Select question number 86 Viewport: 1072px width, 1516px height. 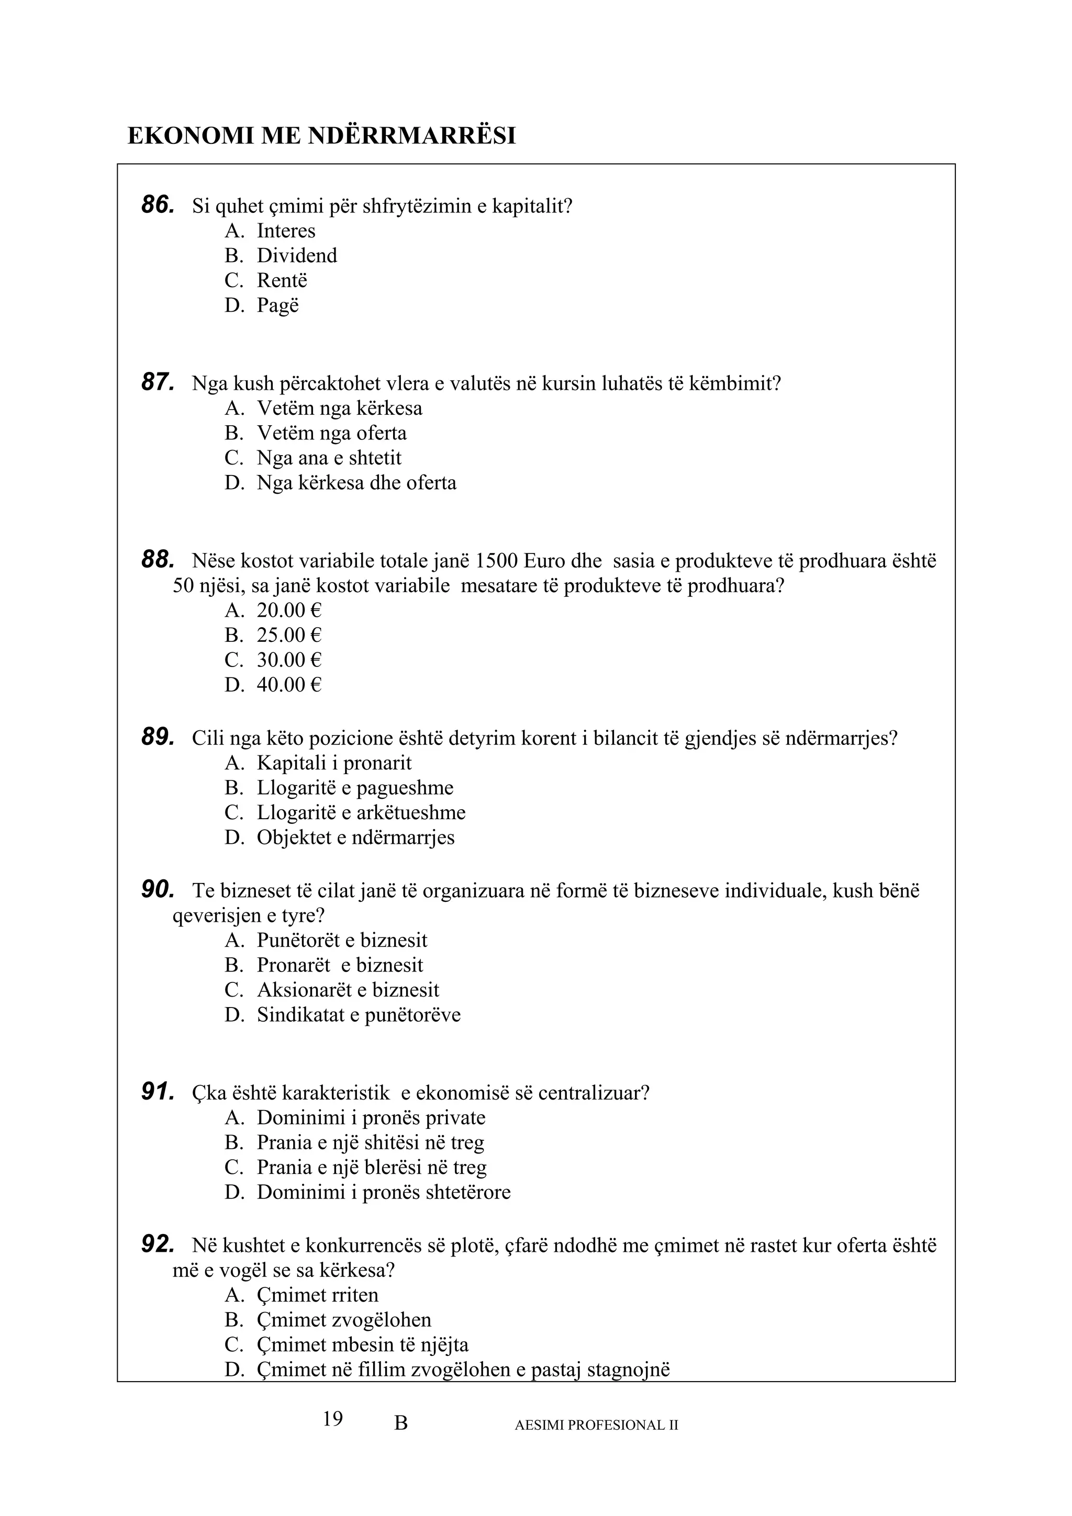[158, 206]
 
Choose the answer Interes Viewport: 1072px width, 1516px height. [286, 231]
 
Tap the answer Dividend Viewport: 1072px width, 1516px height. [297, 255]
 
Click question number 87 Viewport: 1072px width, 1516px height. [158, 382]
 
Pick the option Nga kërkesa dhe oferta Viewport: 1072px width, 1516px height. [356, 483]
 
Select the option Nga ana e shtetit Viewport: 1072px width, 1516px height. [329, 458]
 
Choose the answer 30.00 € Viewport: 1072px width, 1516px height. [288, 660]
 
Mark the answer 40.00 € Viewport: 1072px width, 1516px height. [288, 685]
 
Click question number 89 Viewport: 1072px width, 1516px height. [158, 738]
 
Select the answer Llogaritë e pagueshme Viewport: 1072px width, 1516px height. [355, 788]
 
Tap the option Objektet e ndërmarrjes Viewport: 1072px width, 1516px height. [355, 838]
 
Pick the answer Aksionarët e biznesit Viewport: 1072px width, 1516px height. [348, 990]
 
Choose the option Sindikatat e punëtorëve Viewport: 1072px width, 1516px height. [359, 1015]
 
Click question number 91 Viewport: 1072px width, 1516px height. [158, 1092]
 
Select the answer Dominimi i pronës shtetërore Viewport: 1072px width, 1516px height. [383, 1193]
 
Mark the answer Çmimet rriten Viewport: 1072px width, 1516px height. [317, 1295]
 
